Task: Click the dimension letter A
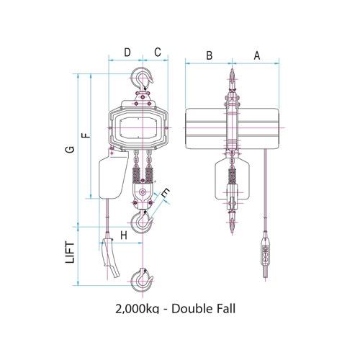coord(256,54)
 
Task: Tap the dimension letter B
coord(208,54)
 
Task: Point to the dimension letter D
coord(127,53)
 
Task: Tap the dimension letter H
coord(123,234)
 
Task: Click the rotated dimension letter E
coord(166,192)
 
